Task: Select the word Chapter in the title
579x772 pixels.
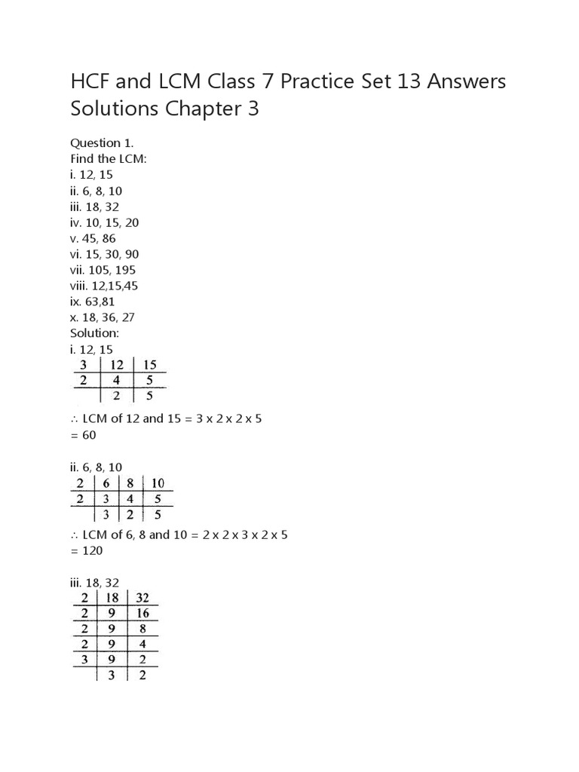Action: (x=198, y=109)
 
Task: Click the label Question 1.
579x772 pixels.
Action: (x=96, y=142)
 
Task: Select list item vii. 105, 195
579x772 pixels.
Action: (x=103, y=270)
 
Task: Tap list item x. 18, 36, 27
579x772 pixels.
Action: (x=103, y=317)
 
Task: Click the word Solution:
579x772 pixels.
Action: (x=95, y=333)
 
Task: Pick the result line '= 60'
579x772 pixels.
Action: (x=84, y=435)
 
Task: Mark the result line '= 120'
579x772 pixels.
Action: (x=87, y=550)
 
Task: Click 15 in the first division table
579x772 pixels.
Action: (x=150, y=366)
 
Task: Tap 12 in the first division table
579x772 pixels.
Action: (x=117, y=366)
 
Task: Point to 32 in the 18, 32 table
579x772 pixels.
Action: (x=143, y=598)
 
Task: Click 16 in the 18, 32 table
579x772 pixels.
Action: (x=143, y=614)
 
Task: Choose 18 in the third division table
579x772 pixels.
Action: (x=112, y=598)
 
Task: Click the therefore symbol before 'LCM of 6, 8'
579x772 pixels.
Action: (x=75, y=535)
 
